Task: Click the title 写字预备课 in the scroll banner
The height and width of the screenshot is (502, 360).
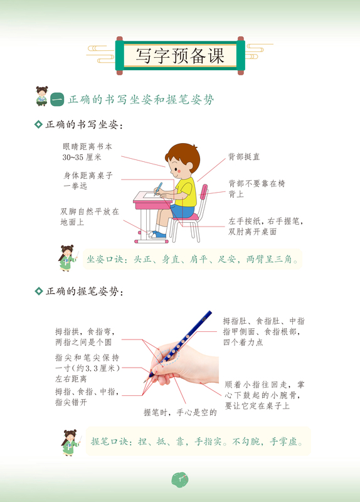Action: click(x=181, y=55)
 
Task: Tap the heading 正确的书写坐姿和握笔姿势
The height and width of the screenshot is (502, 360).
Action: click(x=140, y=99)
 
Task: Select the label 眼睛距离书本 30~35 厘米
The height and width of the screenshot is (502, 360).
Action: click(x=87, y=151)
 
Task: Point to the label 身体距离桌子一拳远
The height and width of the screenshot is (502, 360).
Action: click(x=88, y=181)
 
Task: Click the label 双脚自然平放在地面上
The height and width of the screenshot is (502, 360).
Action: click(x=89, y=216)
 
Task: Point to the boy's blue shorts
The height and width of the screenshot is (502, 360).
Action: click(x=183, y=210)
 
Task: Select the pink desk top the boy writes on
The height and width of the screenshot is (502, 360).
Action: click(x=152, y=199)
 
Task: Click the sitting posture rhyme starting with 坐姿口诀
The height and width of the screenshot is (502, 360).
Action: click(x=192, y=259)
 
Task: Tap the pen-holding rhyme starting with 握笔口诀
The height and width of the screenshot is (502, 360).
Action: click(x=197, y=442)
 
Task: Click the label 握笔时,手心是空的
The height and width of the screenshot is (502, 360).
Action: click(x=180, y=412)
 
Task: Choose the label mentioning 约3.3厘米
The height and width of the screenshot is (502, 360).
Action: click(x=87, y=368)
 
